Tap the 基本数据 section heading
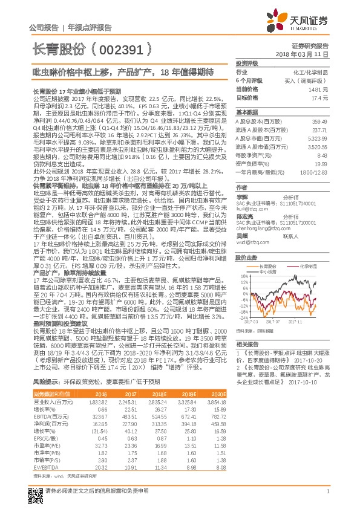coord(246,112)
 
